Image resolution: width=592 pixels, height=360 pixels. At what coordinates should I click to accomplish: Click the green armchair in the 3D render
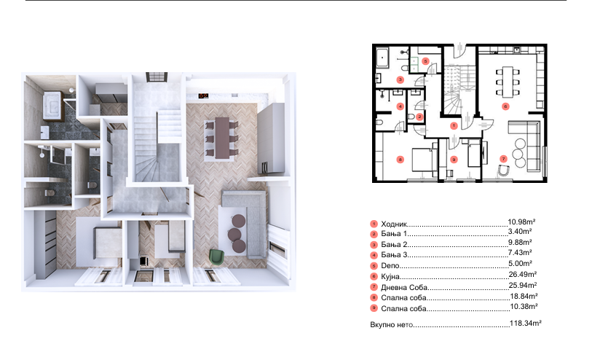pyautogui.click(x=216, y=256)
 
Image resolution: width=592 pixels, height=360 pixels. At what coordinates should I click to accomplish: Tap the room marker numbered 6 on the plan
pyautogui.click(x=505, y=106)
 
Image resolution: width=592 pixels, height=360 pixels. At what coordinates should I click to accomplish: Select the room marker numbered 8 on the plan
pyautogui.click(x=400, y=160)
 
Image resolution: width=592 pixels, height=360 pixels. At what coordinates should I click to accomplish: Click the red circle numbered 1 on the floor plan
pyautogui.click(x=454, y=126)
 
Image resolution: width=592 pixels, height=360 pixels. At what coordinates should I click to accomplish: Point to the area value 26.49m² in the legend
pyautogui.click(x=523, y=274)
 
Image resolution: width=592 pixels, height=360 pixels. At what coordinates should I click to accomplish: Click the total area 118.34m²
pyautogui.click(x=526, y=323)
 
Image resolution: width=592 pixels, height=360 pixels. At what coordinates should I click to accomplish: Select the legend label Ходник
pyautogui.click(x=394, y=224)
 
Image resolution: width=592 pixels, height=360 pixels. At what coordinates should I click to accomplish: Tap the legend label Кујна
pyautogui.click(x=390, y=276)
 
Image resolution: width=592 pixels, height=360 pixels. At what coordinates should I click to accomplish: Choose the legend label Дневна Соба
pyautogui.click(x=403, y=287)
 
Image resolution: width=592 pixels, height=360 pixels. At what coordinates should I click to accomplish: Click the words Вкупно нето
pyautogui.click(x=392, y=325)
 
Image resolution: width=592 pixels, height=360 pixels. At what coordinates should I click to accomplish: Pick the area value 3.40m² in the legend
pyautogui.click(x=520, y=231)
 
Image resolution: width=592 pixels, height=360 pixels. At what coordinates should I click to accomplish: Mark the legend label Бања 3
pyautogui.click(x=394, y=254)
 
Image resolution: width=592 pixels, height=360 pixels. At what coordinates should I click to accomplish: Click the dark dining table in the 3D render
pyautogui.click(x=222, y=137)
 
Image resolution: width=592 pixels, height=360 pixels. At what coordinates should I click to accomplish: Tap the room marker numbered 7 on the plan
pyautogui.click(x=503, y=159)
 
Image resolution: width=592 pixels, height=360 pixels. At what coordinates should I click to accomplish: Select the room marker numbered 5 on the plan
pyautogui.click(x=425, y=61)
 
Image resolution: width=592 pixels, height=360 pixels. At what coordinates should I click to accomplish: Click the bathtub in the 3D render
pyautogui.click(x=52, y=103)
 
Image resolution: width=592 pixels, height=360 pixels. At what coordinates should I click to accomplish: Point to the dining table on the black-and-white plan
pyautogui.click(x=508, y=80)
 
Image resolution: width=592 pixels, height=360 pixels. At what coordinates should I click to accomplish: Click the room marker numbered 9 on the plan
pyautogui.click(x=454, y=160)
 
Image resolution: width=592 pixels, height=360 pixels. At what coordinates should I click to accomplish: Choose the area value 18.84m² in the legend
pyautogui.click(x=524, y=296)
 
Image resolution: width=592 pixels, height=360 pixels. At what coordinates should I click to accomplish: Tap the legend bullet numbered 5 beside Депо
pyautogui.click(x=374, y=266)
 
